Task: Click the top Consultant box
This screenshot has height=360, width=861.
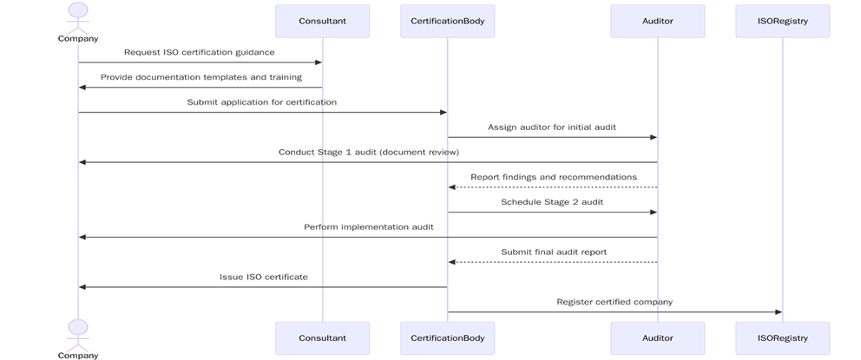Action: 322,21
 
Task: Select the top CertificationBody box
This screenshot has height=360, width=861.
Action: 447,21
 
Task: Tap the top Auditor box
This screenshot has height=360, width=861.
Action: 657,21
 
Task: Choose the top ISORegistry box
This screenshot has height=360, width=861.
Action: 782,21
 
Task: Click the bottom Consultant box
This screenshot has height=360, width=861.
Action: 322,337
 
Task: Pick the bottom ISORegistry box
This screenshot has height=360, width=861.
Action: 782,337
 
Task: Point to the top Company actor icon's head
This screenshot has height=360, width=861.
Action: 78,10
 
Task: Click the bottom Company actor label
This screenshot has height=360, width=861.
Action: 78,356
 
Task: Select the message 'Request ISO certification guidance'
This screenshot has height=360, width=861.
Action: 199,52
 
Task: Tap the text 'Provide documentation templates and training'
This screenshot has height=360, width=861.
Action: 200,77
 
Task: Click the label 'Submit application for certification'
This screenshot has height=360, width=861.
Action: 261,102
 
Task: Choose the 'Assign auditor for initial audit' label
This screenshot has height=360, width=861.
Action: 551,127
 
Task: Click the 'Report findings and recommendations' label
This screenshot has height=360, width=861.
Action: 553,177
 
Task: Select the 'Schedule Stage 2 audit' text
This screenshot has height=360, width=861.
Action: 551,202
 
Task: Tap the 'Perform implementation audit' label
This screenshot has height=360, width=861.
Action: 368,227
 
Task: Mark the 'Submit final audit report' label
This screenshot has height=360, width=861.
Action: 553,252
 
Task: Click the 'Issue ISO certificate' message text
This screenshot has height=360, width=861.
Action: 263,277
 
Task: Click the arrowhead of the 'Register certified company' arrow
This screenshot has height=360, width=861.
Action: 778,312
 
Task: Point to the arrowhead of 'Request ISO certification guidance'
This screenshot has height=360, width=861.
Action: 318,62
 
